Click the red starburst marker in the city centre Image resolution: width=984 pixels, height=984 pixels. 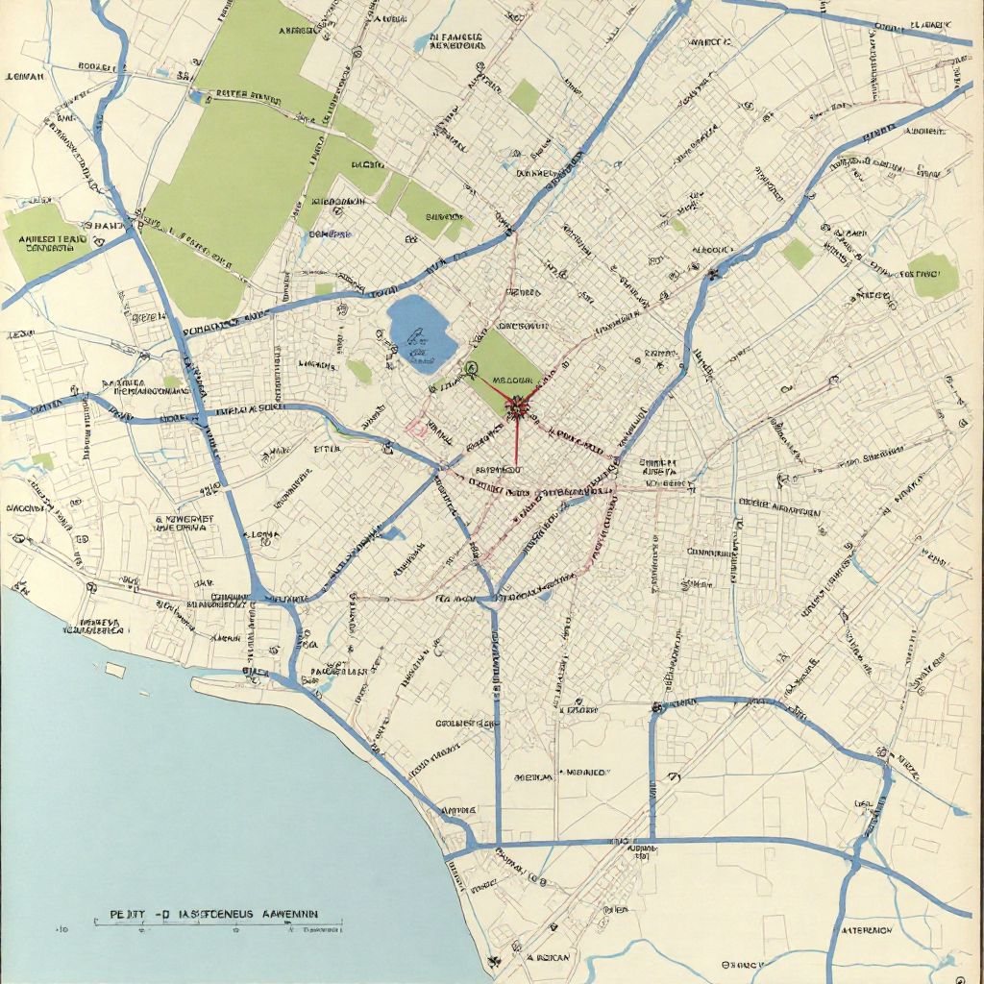(x=518, y=406)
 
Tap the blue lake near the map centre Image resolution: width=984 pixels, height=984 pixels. (x=420, y=332)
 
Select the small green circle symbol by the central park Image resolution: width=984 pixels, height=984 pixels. (x=471, y=367)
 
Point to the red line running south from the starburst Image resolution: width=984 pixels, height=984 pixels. (x=517, y=442)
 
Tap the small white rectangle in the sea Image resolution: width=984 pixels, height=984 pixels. (x=115, y=670)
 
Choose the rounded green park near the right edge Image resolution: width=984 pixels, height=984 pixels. (x=932, y=276)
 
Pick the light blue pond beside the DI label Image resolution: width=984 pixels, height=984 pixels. (x=422, y=42)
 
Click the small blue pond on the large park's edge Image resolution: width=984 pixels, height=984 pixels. (x=199, y=96)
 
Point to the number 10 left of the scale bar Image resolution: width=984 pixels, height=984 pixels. (x=63, y=930)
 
